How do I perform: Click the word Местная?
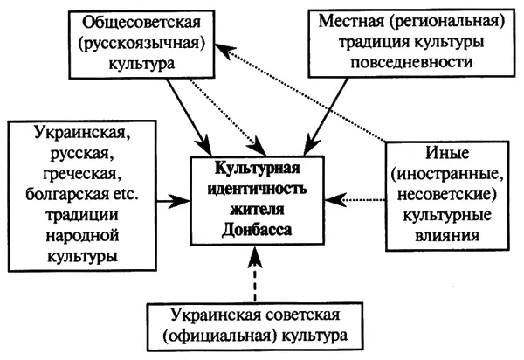coord(345,20)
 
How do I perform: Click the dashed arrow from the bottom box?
coord(252,271)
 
